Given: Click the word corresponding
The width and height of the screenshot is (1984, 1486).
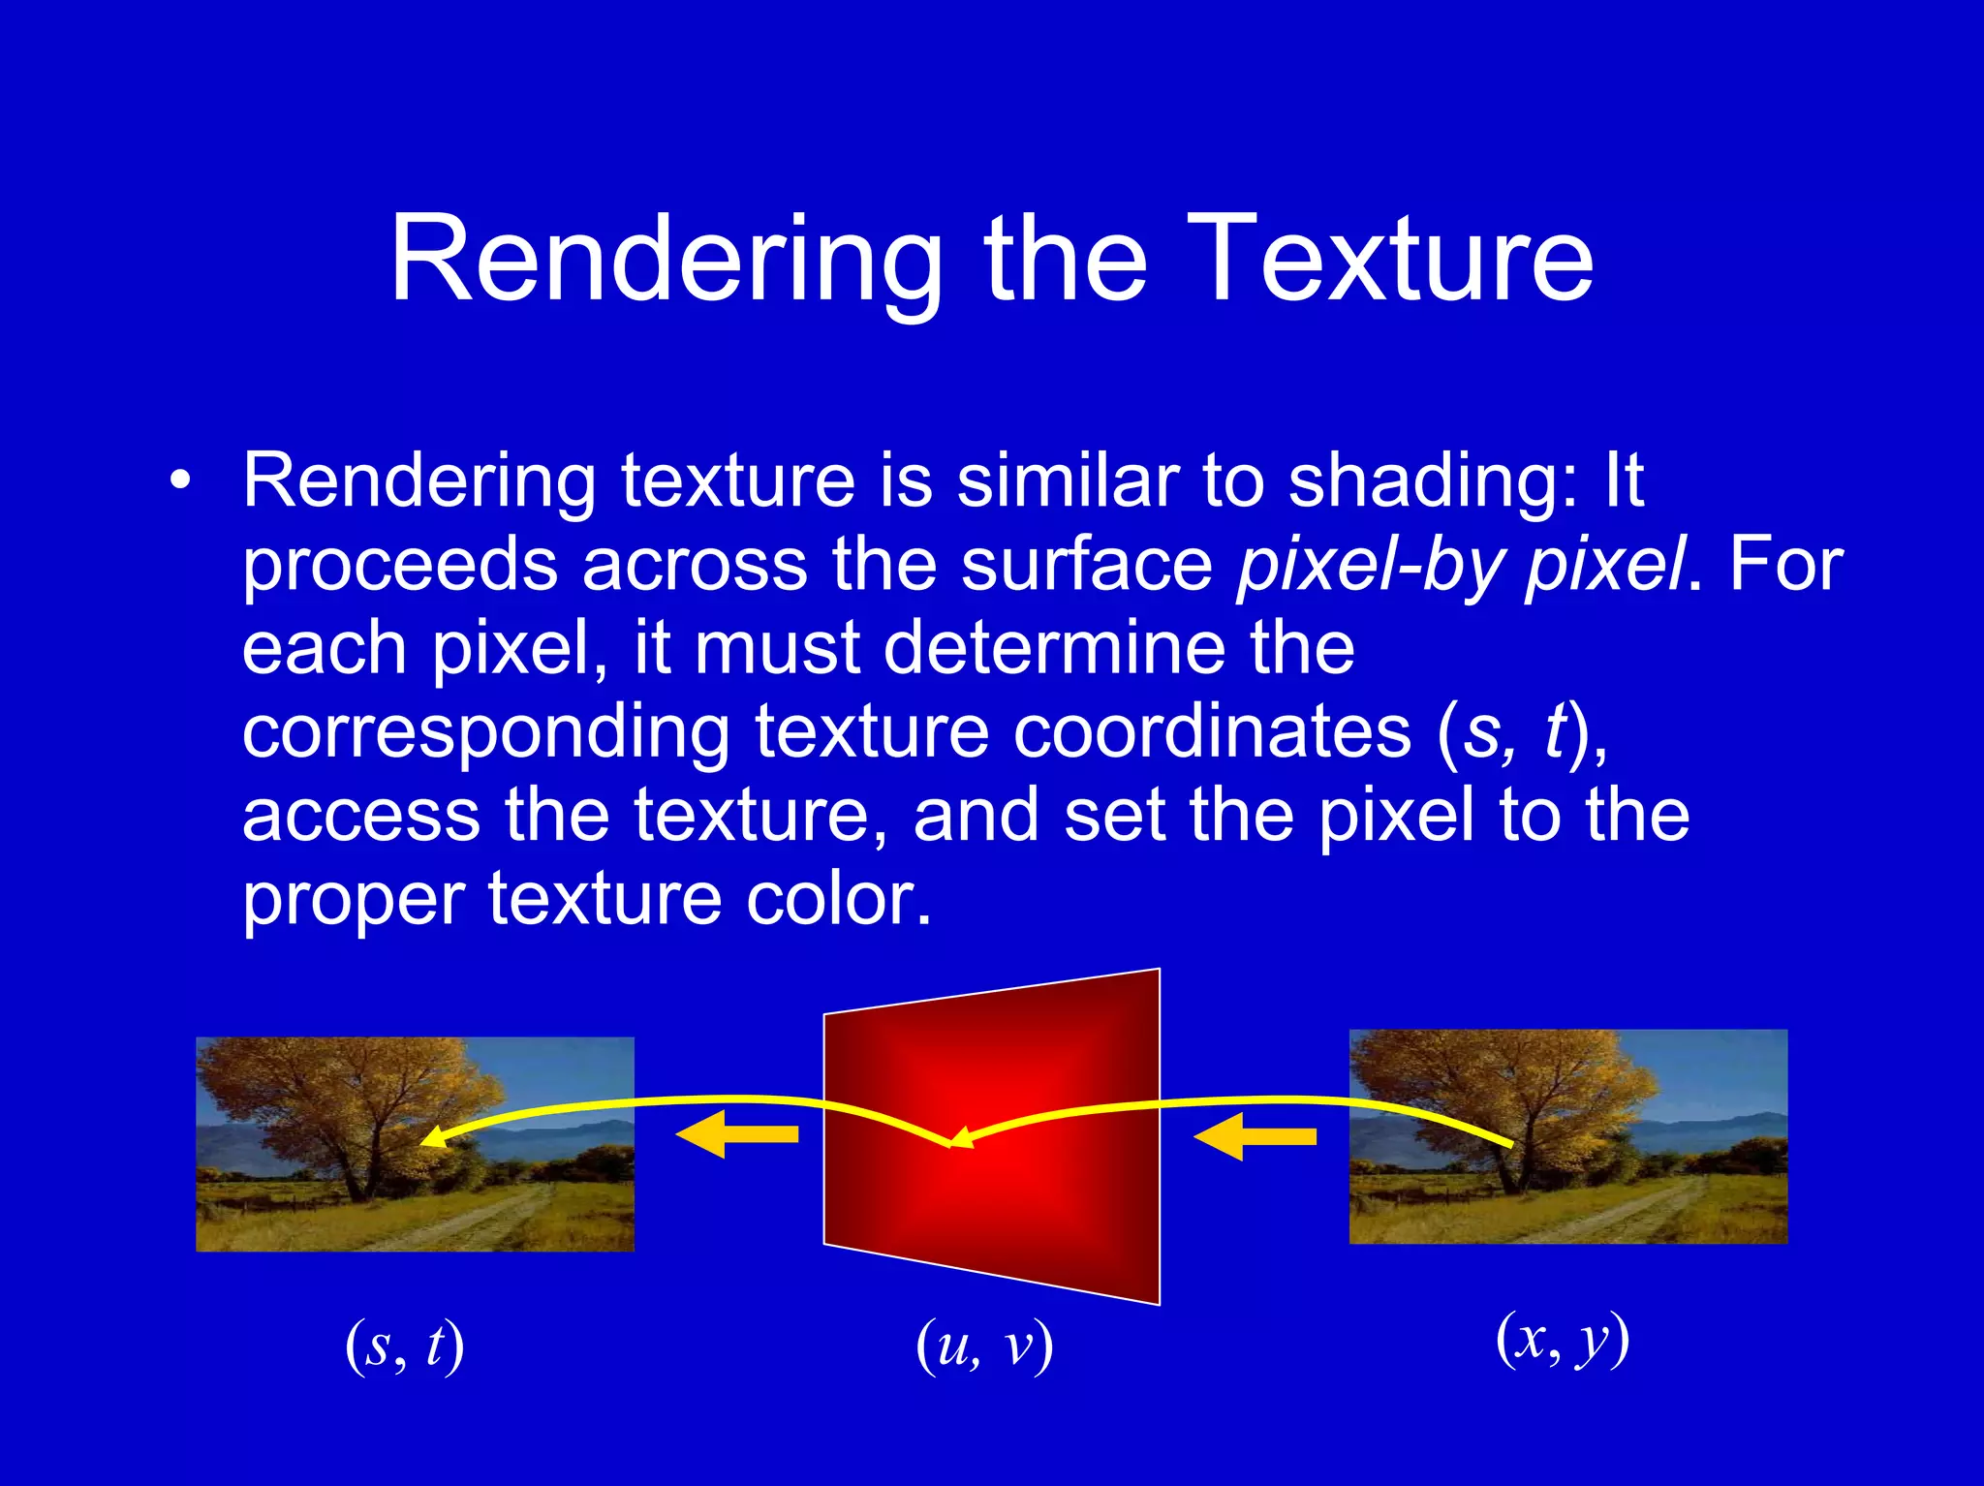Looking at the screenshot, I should tap(484, 731).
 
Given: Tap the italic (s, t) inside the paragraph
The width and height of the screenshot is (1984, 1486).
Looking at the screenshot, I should tap(1516, 731).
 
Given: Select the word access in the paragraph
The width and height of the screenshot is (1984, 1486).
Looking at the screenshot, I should tap(360, 815).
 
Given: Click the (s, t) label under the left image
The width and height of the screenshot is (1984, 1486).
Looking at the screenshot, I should tap(405, 1346).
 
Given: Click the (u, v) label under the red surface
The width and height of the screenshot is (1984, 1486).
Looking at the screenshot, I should tap(984, 1346).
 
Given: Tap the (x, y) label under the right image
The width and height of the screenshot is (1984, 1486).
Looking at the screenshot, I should tap(1563, 1339).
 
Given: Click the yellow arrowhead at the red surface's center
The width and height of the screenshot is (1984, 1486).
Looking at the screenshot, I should tap(959, 1139).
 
